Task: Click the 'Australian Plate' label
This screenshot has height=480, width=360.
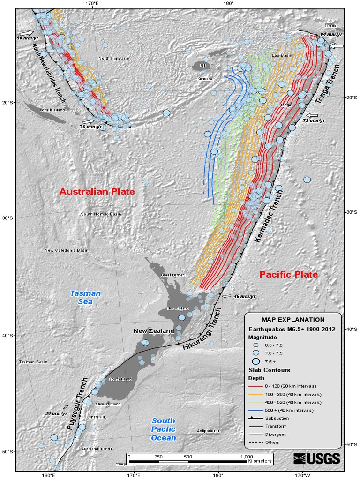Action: (97, 192)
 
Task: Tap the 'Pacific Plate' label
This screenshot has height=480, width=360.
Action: (288, 274)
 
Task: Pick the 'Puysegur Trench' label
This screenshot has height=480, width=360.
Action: (77, 401)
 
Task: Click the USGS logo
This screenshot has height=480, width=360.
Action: (316, 458)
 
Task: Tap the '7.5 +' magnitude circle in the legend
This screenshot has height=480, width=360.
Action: (255, 361)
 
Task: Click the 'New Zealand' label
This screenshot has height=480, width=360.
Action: (154, 331)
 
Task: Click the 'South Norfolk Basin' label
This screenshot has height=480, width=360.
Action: (101, 214)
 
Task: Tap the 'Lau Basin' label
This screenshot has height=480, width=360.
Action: (282, 55)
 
